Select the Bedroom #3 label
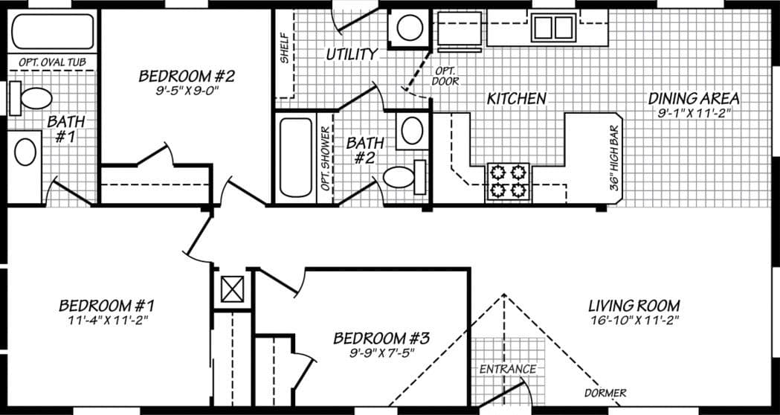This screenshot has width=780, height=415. point(381,338)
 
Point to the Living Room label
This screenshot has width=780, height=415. point(634,306)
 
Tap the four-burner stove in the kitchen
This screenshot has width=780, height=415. point(507,181)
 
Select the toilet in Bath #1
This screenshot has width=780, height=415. point(33,97)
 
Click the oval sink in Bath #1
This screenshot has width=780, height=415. point(26,152)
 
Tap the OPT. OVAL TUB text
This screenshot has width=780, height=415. point(52,62)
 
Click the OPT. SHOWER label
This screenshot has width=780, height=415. point(326,158)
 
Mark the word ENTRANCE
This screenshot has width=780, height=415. point(507,369)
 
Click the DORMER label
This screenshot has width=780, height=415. point(605,393)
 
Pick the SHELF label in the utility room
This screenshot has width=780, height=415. point(285,48)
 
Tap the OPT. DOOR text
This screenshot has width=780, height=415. point(445,75)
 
